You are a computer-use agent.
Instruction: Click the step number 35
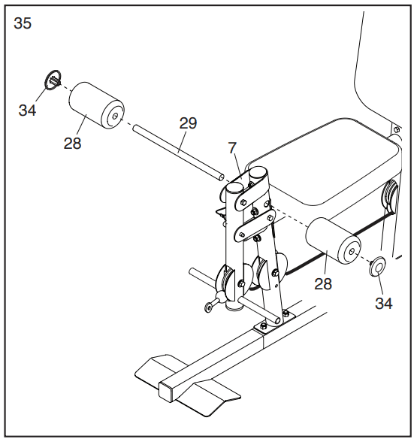click(x=23, y=23)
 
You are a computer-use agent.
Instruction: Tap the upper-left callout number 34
click(x=28, y=110)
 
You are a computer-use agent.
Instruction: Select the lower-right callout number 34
click(x=384, y=303)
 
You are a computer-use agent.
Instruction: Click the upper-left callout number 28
click(x=72, y=144)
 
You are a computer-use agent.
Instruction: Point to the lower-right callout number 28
click(x=323, y=283)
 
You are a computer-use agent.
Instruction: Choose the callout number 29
click(x=188, y=123)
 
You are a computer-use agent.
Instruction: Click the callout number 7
click(x=232, y=148)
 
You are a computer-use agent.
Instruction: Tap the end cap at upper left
click(x=53, y=80)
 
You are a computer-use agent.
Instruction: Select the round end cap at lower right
click(x=377, y=266)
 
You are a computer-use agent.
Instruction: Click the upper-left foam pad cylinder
click(x=97, y=105)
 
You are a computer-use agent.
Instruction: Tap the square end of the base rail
click(x=165, y=392)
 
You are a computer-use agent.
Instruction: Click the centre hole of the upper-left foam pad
click(x=115, y=116)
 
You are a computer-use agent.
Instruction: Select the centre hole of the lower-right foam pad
click(x=352, y=252)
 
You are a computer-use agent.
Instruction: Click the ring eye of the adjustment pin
click(x=208, y=307)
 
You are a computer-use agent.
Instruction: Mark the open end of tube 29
click(x=221, y=178)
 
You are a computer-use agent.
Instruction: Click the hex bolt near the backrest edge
click(x=397, y=130)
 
